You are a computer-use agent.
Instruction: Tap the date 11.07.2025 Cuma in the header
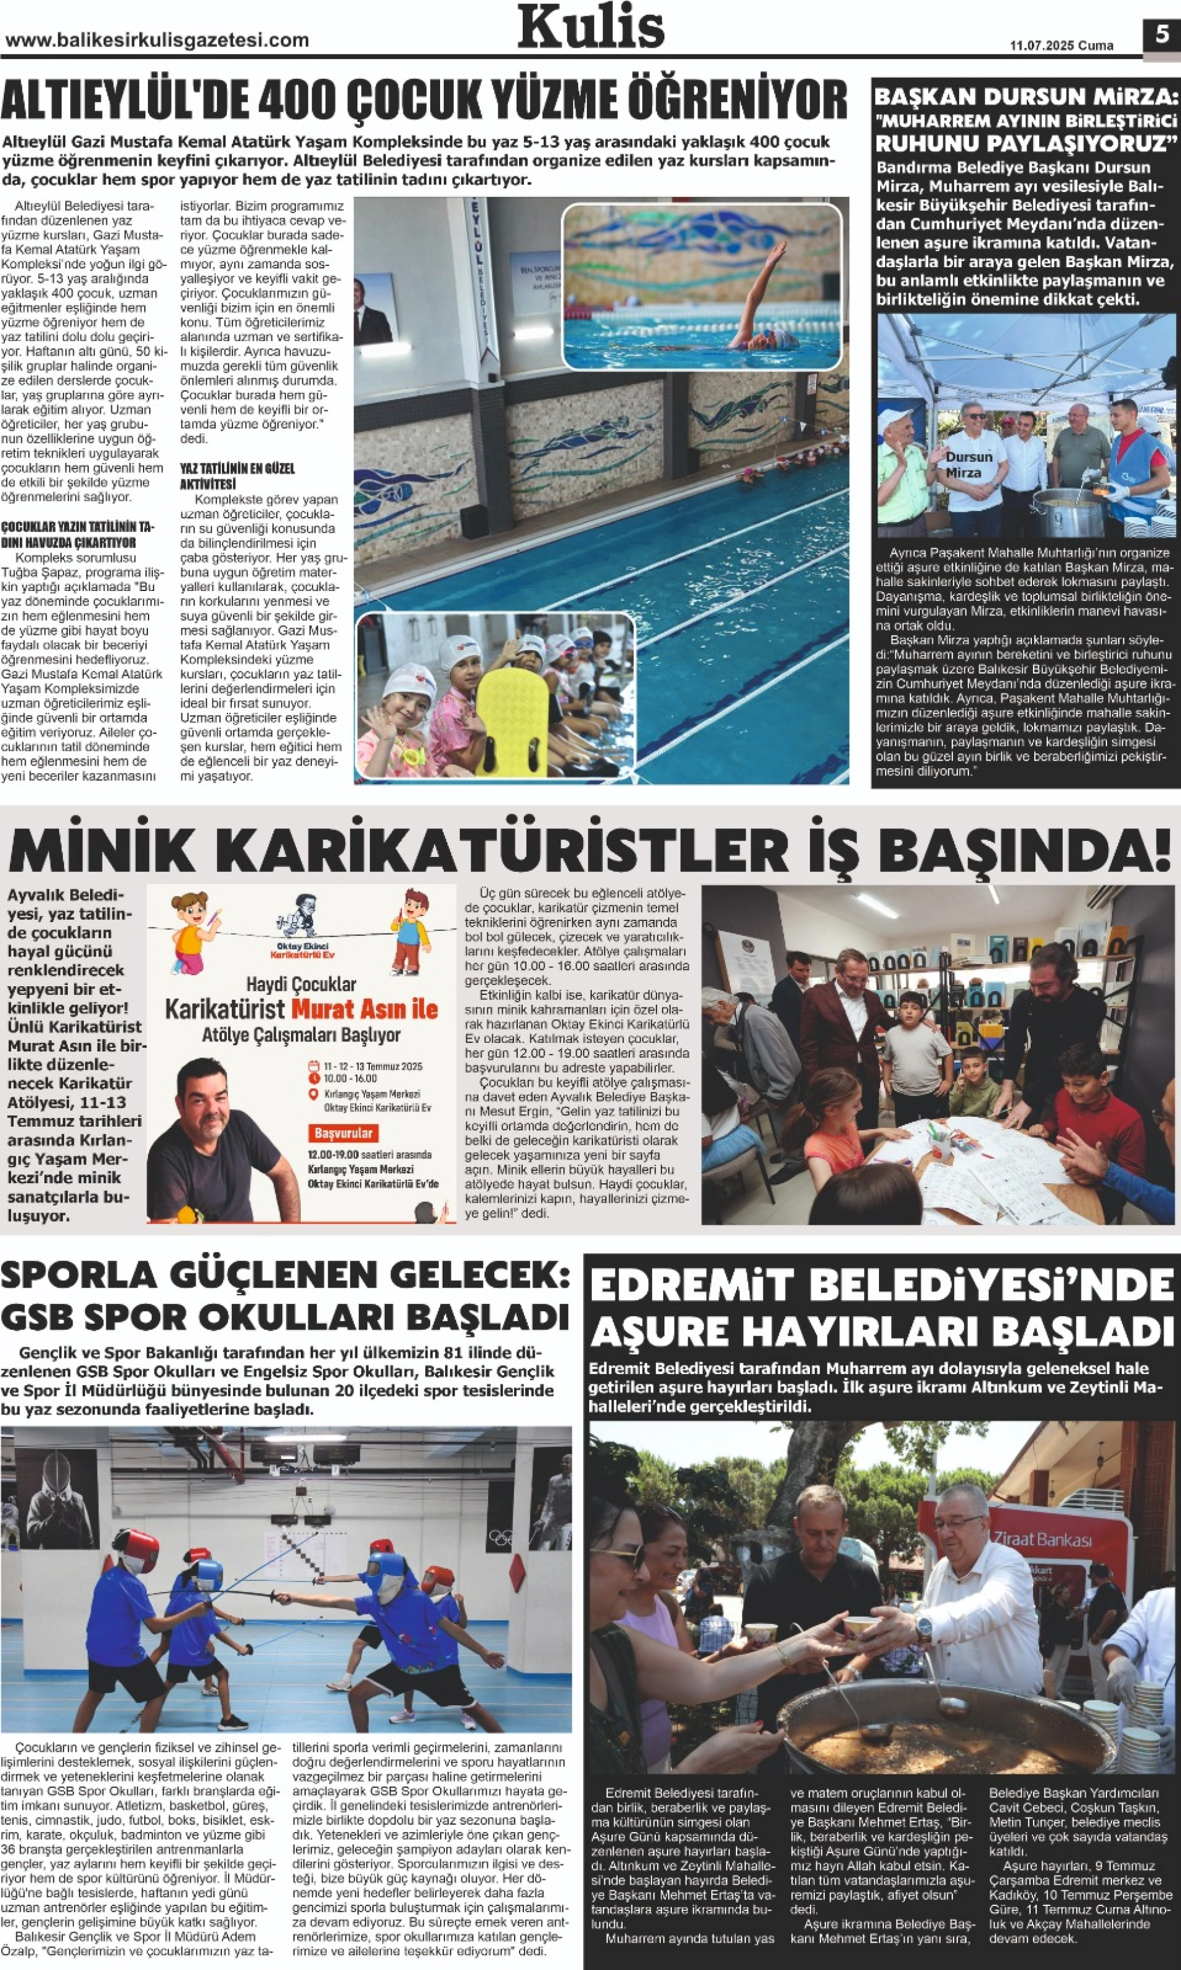(x=1061, y=45)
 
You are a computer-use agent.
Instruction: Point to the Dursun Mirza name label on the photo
(x=968, y=464)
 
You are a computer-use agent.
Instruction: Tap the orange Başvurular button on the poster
(x=343, y=1133)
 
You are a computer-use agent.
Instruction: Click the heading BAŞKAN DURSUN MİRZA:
(x=1025, y=97)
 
